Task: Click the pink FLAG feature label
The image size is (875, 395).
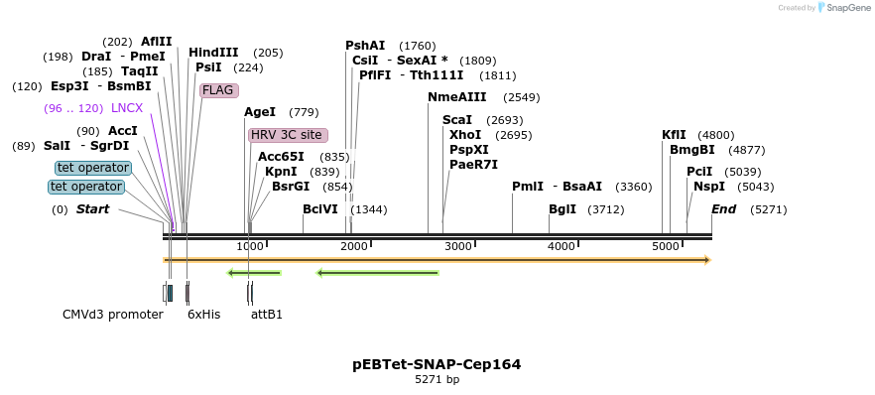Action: pos(217,90)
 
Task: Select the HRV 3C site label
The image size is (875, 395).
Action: pos(287,135)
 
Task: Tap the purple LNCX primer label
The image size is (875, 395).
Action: pos(127,108)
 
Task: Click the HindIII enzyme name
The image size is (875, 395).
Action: pos(213,53)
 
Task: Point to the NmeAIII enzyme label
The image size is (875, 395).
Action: pos(456,97)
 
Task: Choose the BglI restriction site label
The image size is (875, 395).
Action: pos(562,209)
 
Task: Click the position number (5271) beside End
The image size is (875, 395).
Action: pos(768,209)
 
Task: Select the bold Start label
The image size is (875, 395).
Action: pos(92,209)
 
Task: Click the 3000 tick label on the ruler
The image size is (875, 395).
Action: pos(457,246)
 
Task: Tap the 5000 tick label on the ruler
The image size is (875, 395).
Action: pos(665,246)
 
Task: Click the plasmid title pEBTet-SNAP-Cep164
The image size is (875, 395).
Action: pos(437,364)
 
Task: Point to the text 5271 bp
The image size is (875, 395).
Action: pos(437,380)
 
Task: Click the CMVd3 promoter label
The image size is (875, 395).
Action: pos(112,315)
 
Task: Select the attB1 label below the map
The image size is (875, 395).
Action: pos(267,315)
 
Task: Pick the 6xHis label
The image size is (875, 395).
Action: pos(203,315)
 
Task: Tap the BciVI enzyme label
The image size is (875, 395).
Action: pos(320,209)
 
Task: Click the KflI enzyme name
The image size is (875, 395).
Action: pos(674,135)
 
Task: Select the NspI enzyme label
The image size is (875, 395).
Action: pos(709,187)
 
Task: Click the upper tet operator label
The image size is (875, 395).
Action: pos(92,168)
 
